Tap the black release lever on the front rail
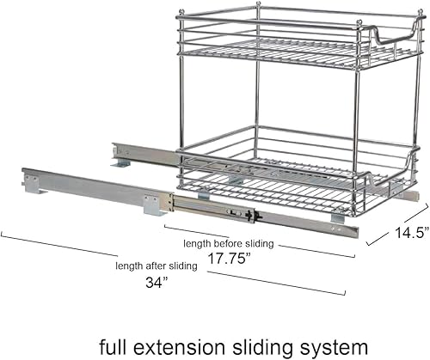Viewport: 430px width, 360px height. [x=250, y=216]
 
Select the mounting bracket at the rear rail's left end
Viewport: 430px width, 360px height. [x=119, y=160]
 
